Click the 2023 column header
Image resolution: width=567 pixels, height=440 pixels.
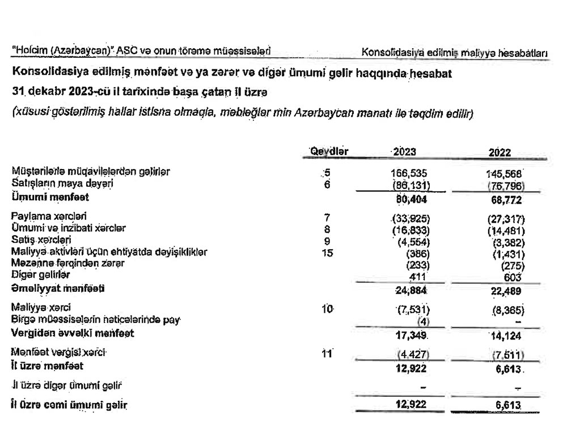click(x=404, y=152)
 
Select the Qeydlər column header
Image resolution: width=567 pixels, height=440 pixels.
click(x=329, y=151)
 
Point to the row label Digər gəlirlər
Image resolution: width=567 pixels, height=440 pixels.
click(x=36, y=274)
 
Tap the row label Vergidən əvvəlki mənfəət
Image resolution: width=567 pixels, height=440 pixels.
click(x=73, y=333)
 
